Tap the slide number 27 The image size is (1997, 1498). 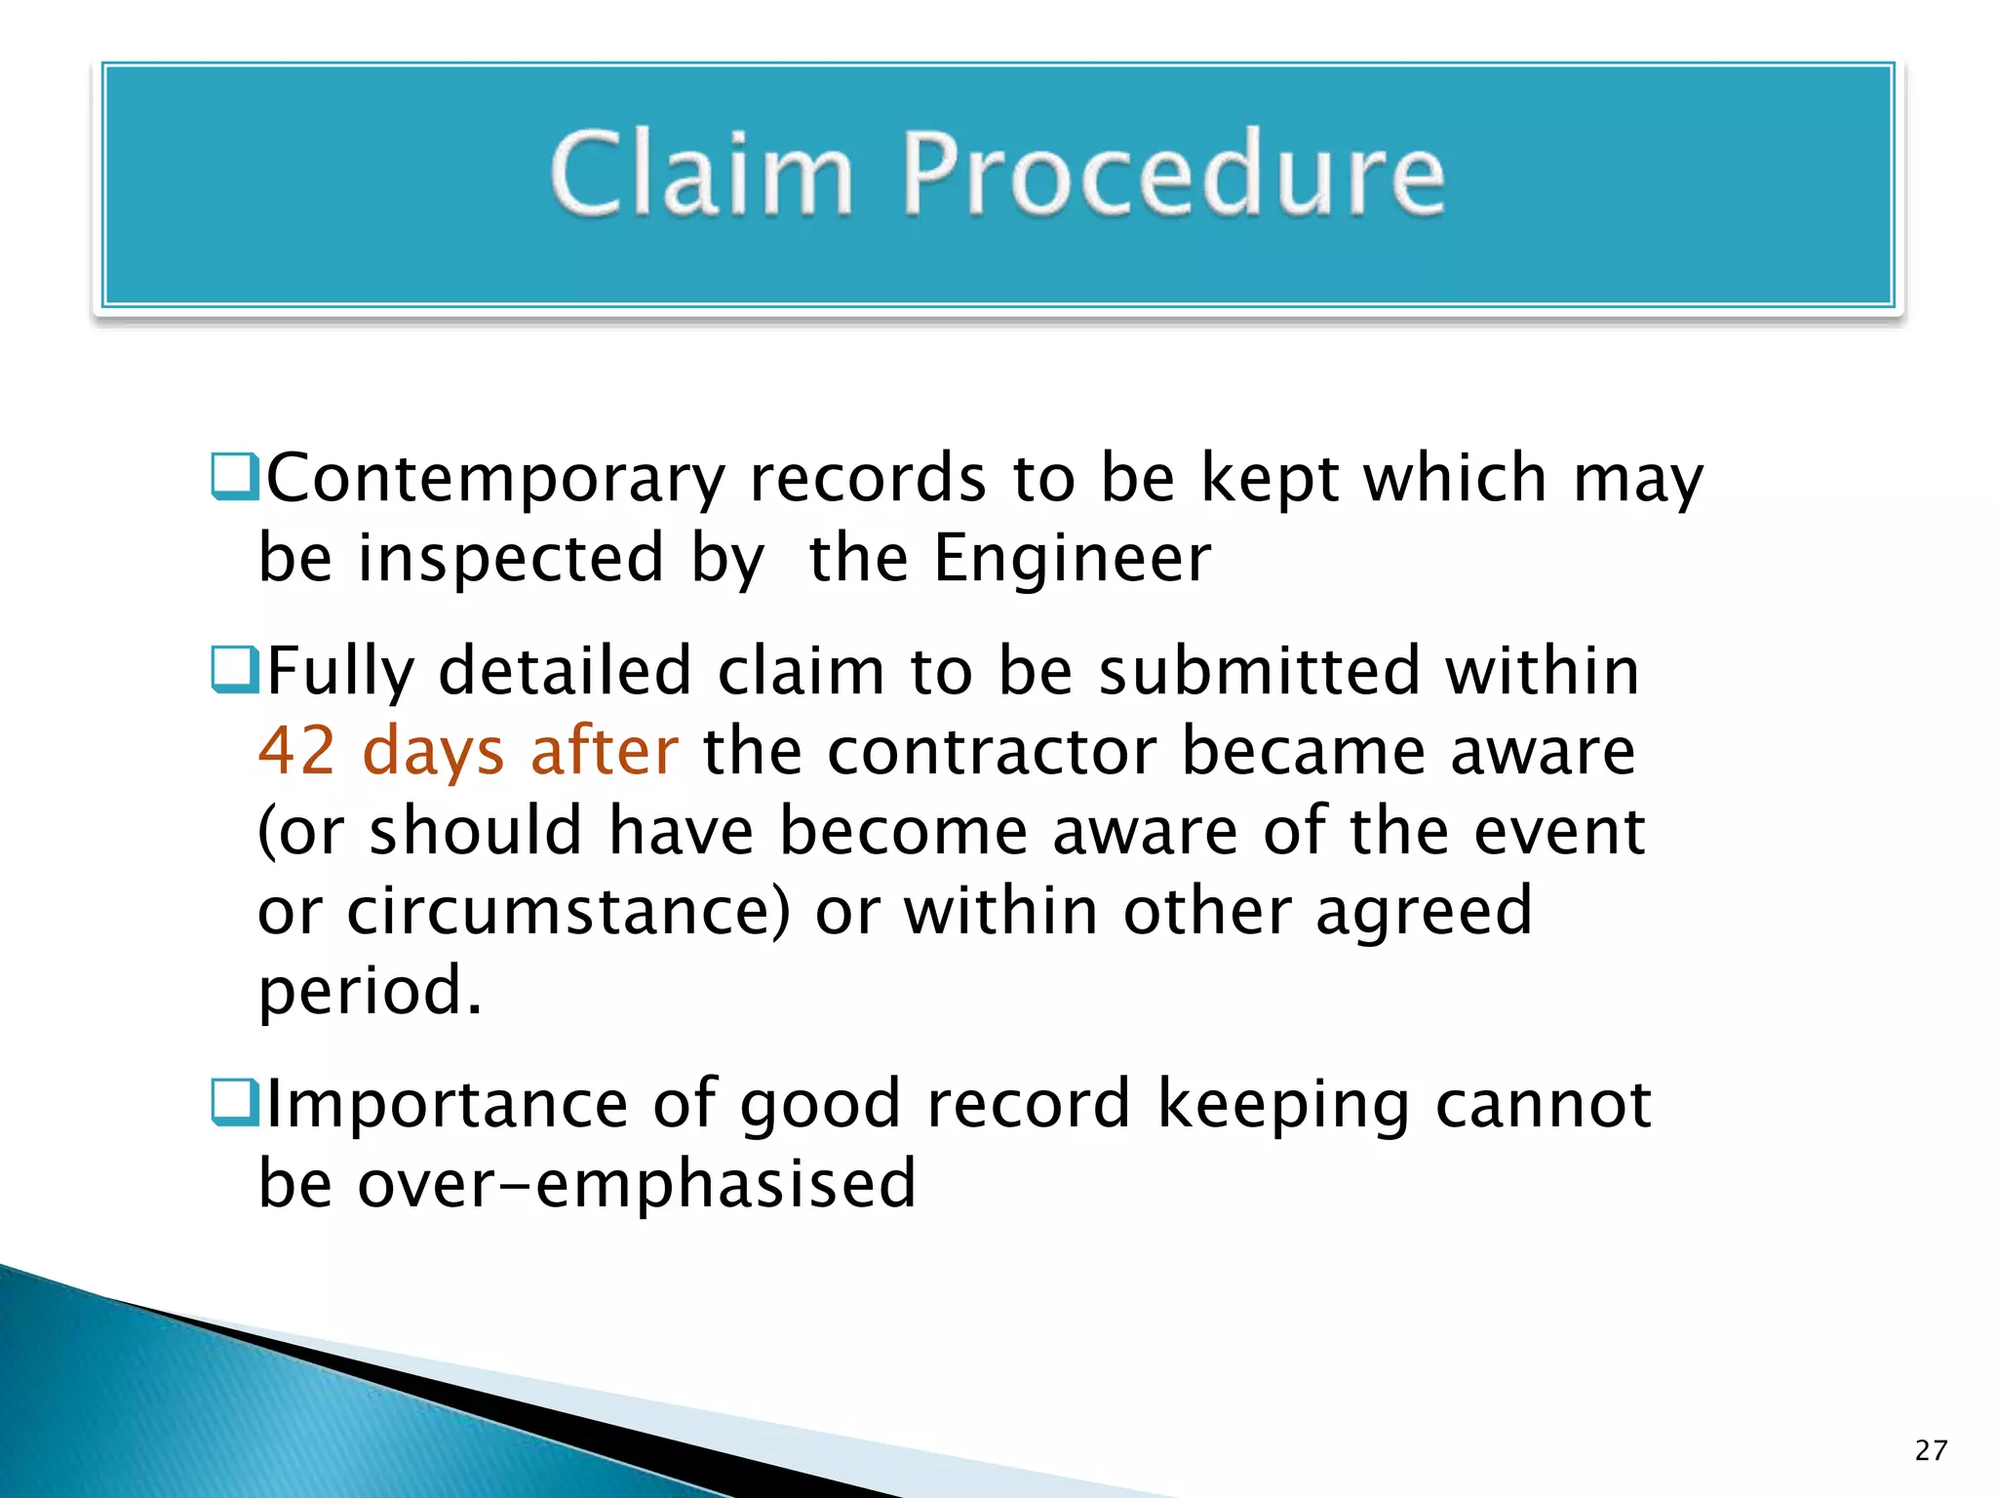(x=1931, y=1450)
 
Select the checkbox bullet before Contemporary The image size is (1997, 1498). (x=235, y=477)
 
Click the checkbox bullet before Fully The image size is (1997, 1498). (x=235, y=670)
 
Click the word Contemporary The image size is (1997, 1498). (x=496, y=480)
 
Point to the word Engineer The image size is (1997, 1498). (x=1072, y=559)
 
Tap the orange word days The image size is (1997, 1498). (x=433, y=753)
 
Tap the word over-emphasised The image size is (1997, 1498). (x=637, y=1184)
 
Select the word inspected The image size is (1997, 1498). (x=511, y=559)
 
